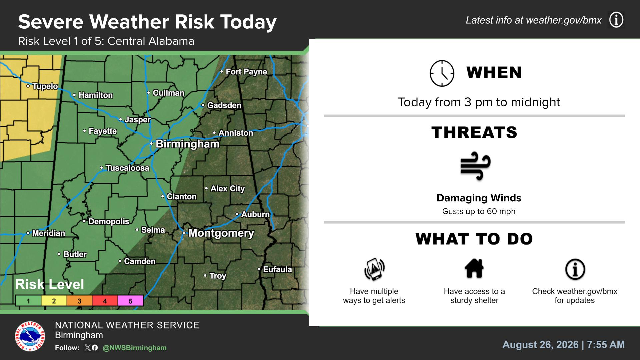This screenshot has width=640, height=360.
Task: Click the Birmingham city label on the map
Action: point(188,144)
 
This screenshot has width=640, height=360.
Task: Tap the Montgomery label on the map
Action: point(221,233)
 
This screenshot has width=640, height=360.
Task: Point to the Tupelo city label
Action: point(45,86)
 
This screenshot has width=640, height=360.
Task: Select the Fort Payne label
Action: point(246,72)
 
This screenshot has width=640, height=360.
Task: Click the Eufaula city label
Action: point(277,269)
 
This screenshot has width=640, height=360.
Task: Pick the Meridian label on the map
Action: point(49,233)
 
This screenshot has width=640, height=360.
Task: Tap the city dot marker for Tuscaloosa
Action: point(102,168)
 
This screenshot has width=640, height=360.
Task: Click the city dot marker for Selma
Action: point(137,230)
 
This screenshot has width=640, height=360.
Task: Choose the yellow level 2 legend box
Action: point(54,301)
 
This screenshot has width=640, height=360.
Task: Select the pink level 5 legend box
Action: point(130,301)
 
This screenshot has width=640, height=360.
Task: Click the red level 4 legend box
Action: point(105,301)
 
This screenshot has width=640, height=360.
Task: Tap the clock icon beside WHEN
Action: point(442,73)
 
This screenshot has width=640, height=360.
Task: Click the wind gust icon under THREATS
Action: point(475,166)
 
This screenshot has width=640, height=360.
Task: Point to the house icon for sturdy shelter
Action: point(474,268)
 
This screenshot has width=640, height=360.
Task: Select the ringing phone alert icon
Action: point(374,269)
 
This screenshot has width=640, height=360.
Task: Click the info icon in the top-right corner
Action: point(616,20)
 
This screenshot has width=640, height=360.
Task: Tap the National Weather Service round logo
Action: point(30,336)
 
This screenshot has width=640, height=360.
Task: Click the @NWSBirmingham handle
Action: point(135,348)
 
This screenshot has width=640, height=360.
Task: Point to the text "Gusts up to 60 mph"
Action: point(479,211)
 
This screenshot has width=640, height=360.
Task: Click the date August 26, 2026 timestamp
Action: point(540,345)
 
